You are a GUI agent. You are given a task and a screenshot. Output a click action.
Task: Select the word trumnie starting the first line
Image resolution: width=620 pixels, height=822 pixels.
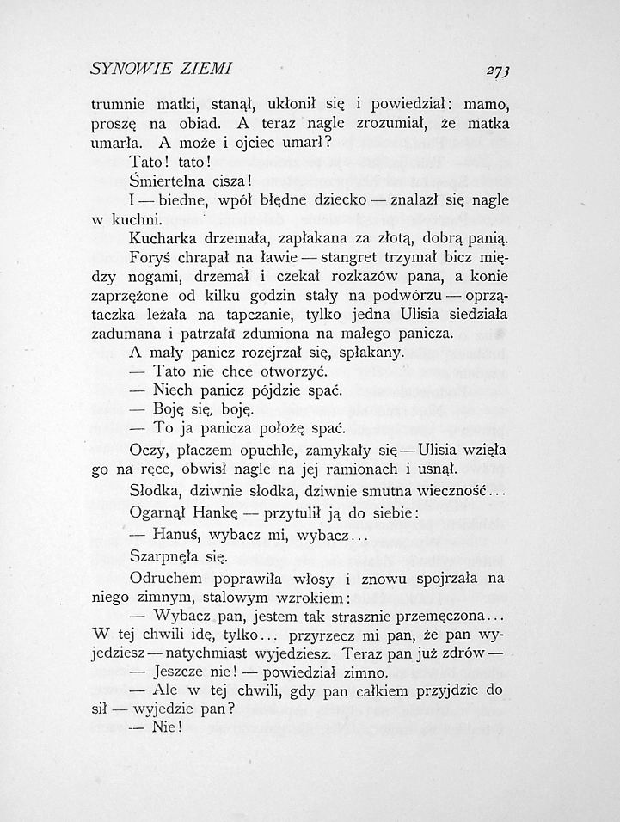point(119,107)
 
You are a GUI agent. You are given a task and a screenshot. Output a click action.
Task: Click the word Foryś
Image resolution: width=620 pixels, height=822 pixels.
point(150,257)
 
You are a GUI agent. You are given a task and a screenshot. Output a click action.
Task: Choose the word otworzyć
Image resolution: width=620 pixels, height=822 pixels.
point(285,371)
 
